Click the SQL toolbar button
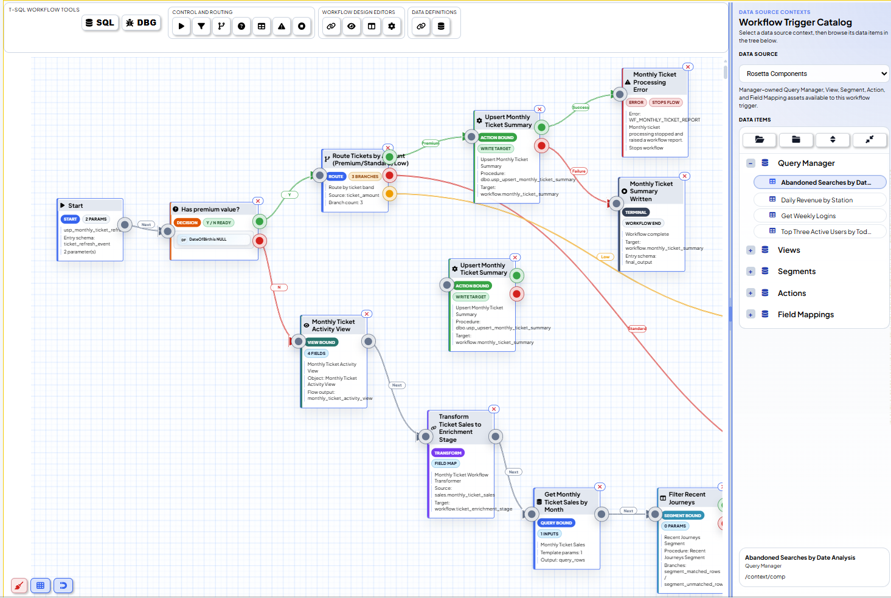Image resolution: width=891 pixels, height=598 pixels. tap(100, 23)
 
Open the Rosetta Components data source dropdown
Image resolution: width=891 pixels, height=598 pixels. tap(814, 74)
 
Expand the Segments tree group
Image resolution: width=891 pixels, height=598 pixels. tap(751, 272)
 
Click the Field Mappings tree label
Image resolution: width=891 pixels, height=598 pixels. tap(805, 315)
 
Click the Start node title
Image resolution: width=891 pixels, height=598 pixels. tap(76, 205)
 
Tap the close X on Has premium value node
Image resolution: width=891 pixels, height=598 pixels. tap(258, 201)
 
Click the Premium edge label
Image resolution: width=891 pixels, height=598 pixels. tap(431, 143)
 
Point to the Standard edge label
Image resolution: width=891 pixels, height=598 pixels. tap(637, 329)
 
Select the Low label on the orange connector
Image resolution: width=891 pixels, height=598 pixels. tap(605, 257)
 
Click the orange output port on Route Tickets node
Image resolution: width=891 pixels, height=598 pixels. tap(389, 194)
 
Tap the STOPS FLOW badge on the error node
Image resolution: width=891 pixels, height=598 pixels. tap(665, 103)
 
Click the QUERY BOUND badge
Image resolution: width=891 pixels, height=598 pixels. tap(556, 523)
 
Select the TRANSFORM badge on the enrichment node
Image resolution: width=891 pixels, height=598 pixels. tap(448, 453)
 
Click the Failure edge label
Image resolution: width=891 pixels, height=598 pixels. tap(578, 171)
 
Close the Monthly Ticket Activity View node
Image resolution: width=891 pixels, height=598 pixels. tap(366, 314)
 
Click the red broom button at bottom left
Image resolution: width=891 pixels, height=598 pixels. tap(19, 586)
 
